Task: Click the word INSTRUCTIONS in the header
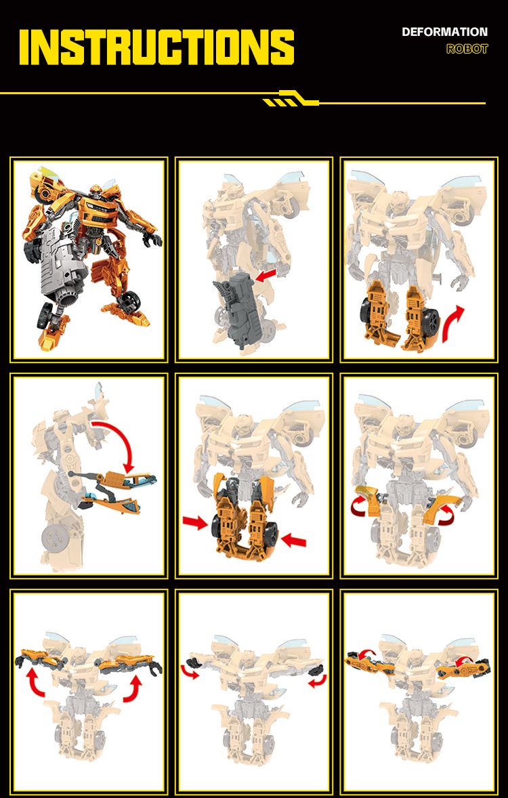[x=156, y=47]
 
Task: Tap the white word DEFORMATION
[x=444, y=32]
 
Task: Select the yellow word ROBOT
[x=467, y=49]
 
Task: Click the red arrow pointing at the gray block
[x=266, y=275]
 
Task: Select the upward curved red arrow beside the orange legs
[x=453, y=324]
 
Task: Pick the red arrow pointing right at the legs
[x=196, y=522]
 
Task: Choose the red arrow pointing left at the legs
[x=294, y=539]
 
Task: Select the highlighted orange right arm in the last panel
[x=463, y=669]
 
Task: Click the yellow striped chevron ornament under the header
[x=291, y=98]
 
